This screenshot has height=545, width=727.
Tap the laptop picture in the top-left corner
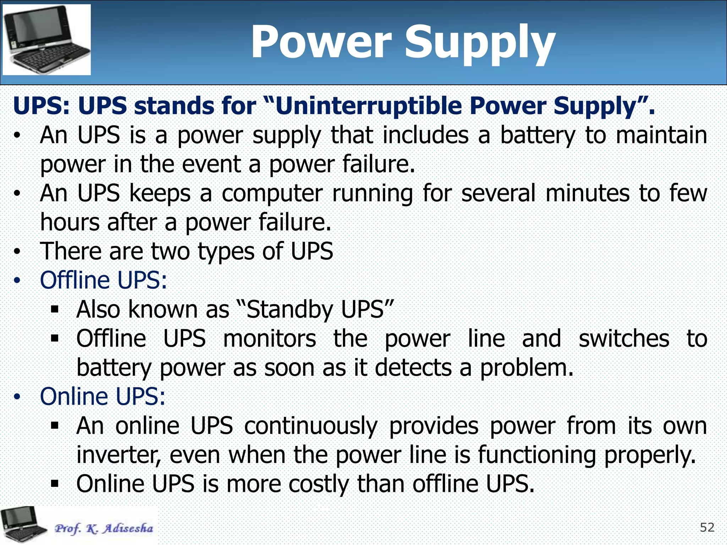pyautogui.click(x=47, y=40)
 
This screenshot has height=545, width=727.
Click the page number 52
pyautogui.click(x=707, y=528)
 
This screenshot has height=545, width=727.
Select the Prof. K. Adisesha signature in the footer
pyautogui.click(x=104, y=528)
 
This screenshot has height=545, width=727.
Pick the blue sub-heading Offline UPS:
pyautogui.click(x=103, y=280)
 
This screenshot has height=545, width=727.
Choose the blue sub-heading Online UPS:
pyautogui.click(x=103, y=396)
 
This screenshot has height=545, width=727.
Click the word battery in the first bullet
pyautogui.click(x=537, y=136)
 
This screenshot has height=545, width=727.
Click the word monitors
pyautogui.click(x=269, y=338)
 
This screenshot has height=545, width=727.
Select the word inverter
pyautogui.click(x=119, y=455)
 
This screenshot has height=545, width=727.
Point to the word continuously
pyautogui.click(x=311, y=426)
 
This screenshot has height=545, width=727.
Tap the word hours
pyautogui.click(x=70, y=223)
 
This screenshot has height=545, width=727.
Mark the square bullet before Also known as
pyautogui.click(x=55, y=309)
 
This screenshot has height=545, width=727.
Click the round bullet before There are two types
pyautogui.click(x=17, y=252)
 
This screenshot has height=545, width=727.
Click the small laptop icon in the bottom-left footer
pyautogui.click(x=22, y=524)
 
